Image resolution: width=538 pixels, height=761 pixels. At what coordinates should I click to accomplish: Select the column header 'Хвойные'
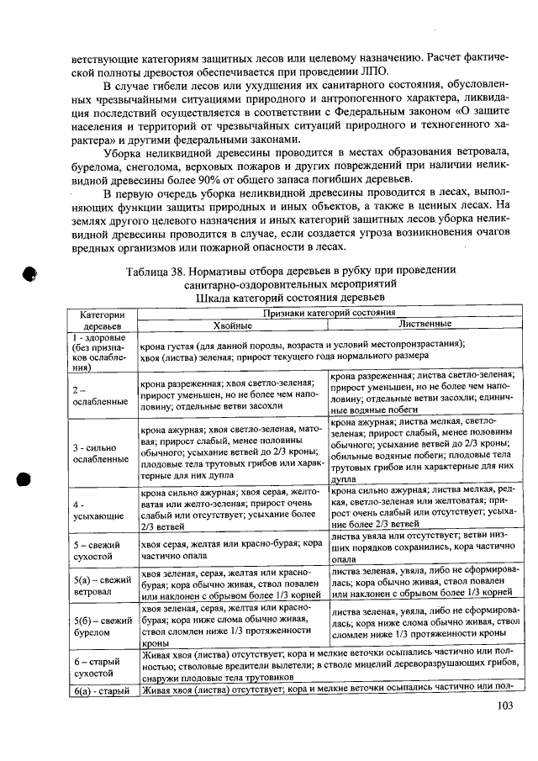(x=232, y=325)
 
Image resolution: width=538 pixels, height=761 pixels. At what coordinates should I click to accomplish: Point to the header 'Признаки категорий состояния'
(x=327, y=313)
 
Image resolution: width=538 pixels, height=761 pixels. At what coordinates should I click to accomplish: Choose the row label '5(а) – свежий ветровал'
(x=103, y=585)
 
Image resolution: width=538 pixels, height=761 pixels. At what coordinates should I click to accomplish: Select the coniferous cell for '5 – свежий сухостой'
(x=233, y=550)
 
